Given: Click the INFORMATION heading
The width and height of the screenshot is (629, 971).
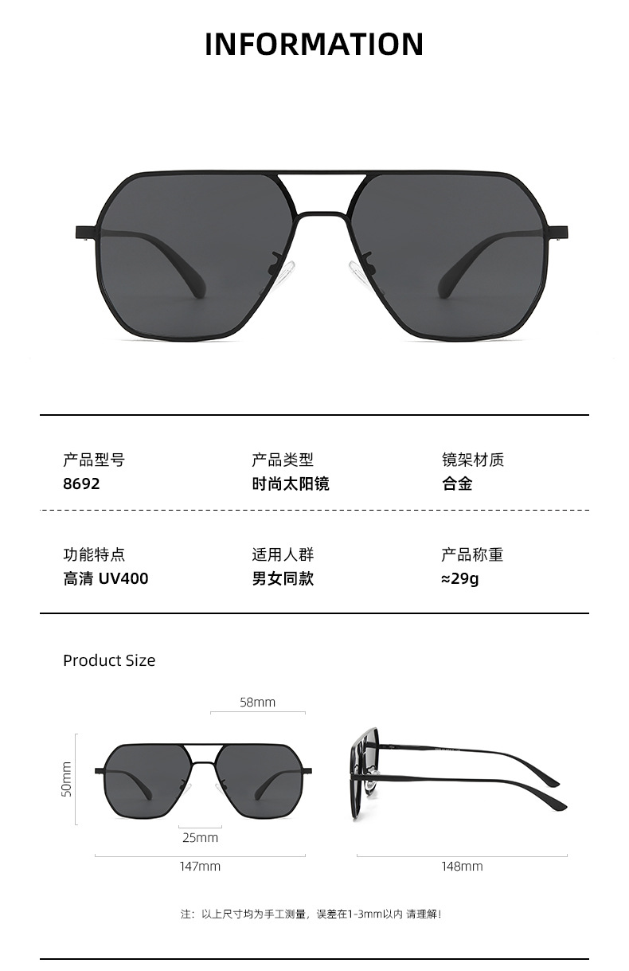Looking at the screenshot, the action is point(314,45).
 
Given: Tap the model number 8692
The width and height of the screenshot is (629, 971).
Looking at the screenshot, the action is point(81,484).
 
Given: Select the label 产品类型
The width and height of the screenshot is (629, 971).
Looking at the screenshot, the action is point(283,460).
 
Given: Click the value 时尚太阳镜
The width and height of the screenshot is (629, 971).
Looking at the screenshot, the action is point(291,484).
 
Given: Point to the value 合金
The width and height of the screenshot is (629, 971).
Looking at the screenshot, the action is point(457,484).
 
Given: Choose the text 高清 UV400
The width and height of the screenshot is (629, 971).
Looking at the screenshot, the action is point(106,579).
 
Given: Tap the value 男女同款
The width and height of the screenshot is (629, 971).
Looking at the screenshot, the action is point(283,579).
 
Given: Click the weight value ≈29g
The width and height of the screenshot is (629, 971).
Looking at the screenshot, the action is point(460,579).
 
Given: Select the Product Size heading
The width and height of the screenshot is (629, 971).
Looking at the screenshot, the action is point(109,660).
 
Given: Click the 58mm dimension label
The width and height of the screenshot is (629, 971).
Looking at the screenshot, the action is point(257,702).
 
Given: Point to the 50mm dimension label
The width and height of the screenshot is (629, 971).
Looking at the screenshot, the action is point(67,779).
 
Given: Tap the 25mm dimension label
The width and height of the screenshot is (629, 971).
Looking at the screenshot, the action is point(200,837).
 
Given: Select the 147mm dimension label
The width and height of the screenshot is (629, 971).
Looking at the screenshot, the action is point(200,867).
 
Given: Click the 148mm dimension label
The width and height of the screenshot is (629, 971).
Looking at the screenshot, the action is point(462,867).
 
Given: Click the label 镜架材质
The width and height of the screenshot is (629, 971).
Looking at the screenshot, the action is point(473,460).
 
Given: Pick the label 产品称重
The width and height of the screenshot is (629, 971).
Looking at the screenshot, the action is point(473,555).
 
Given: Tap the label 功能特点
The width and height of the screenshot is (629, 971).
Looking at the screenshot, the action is point(94,555).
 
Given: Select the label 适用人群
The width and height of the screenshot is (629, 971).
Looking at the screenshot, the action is point(283,555).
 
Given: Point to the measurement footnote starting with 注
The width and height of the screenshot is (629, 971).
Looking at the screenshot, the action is point(311,914).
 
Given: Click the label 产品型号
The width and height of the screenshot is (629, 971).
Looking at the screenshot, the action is point(94,460).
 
